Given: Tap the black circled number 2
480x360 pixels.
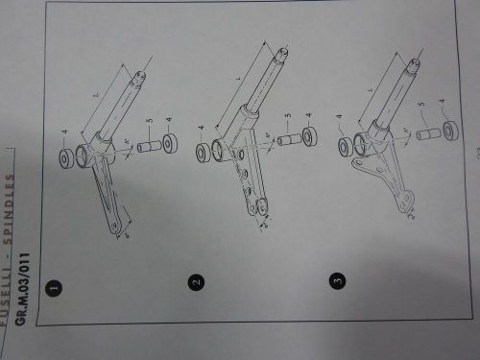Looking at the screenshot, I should (x=196, y=282).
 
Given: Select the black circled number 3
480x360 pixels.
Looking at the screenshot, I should (x=336, y=280).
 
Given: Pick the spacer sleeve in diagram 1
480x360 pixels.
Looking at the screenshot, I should (x=148, y=146).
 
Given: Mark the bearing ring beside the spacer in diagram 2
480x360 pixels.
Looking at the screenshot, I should (x=310, y=135).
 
